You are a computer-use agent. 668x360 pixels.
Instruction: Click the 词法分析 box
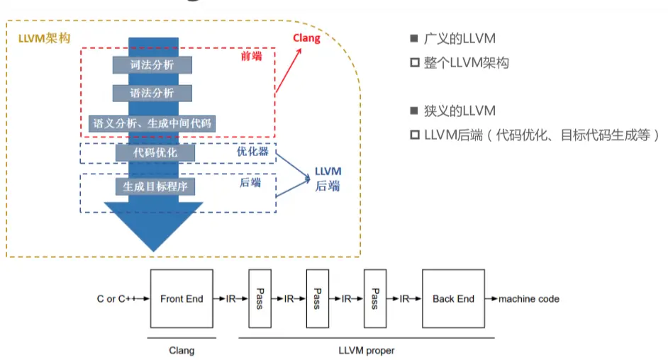[x=152, y=64]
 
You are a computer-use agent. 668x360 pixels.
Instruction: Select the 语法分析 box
[x=152, y=93]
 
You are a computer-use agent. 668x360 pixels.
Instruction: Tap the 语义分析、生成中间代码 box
[x=152, y=123]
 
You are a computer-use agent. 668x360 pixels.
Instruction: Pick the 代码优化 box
[x=155, y=152]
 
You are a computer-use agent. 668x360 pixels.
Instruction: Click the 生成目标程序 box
[x=155, y=186]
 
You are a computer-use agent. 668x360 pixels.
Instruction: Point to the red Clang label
[x=306, y=38]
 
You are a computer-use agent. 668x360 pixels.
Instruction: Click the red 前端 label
[x=251, y=56]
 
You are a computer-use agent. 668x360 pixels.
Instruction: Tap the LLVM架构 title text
[x=44, y=37]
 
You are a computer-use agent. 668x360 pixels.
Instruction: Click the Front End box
[x=182, y=298]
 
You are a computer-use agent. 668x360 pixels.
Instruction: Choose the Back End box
[x=453, y=298]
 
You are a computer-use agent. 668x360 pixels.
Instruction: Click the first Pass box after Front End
[x=260, y=298]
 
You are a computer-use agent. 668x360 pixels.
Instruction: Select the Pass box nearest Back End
[x=375, y=298]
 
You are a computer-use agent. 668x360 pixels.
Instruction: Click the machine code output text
[x=528, y=299]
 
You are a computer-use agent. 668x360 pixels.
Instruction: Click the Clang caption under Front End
[x=182, y=350]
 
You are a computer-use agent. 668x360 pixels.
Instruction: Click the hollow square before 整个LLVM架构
[x=415, y=63]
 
